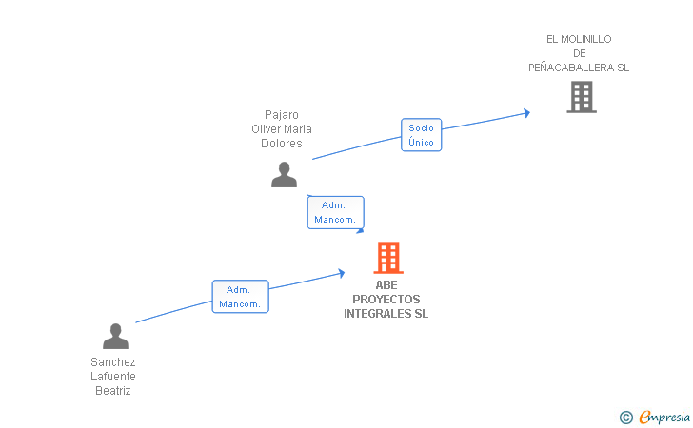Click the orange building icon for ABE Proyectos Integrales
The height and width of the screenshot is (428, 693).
387,257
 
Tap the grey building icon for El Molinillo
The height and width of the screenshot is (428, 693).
582,97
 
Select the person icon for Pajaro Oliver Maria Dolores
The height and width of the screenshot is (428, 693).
284,175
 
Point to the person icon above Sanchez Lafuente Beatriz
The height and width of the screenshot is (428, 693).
115,337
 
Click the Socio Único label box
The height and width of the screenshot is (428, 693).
421,135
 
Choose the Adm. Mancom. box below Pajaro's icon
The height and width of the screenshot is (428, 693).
335,212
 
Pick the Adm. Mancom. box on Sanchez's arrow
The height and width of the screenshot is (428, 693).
240,297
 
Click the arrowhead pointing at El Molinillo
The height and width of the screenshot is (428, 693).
525,113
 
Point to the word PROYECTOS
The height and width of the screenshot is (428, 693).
386,299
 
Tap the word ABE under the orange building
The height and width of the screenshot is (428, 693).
386,284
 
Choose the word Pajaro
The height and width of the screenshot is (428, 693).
282,115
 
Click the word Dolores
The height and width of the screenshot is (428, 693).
282,144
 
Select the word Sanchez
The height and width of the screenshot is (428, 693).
113,362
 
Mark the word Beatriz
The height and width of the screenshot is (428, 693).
113,391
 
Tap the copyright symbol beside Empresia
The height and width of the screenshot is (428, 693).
625,417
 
